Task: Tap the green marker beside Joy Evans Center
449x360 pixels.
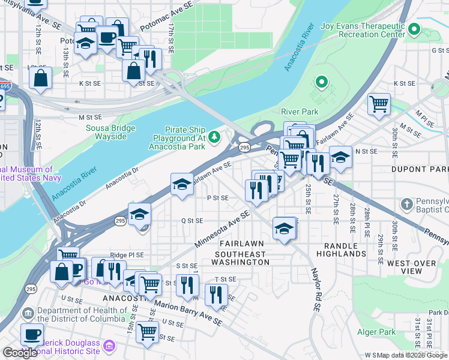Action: pos(413,29)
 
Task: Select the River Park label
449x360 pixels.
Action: pos(300,112)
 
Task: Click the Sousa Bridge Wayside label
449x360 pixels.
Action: pos(106,132)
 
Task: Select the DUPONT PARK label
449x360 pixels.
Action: pos(420,170)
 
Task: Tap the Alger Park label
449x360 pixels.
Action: pos(376,332)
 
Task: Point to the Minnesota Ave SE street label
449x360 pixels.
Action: pos(221,230)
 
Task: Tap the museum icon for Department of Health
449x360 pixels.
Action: pos(28,314)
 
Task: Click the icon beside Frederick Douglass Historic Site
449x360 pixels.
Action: pos(109,346)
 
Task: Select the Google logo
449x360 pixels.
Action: pos(20,353)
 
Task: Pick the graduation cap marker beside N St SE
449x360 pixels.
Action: pos(340,157)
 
